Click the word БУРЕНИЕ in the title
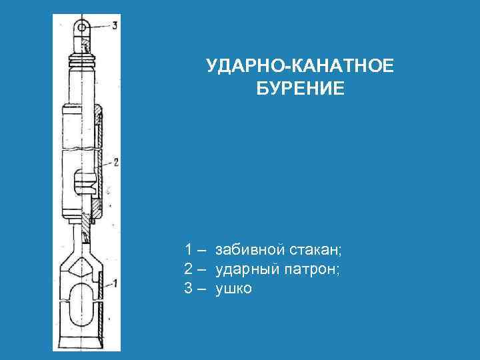(300, 88)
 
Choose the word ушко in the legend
(234, 289)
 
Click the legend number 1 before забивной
(190, 250)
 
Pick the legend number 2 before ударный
(190, 269)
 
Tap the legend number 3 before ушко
(190, 289)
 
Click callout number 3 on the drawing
(115, 26)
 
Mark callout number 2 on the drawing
(116, 162)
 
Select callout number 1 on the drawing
(115, 283)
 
